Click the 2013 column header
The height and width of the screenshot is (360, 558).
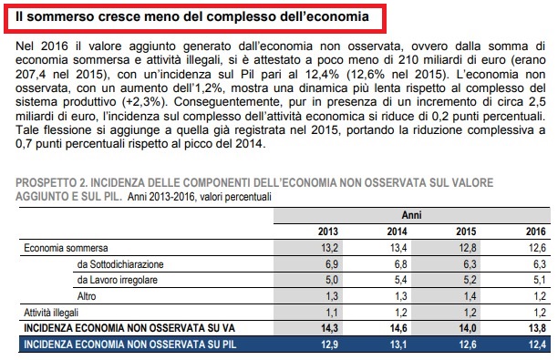[327, 231]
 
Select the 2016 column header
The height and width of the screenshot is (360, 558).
[535, 231]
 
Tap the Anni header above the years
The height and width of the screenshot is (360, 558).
[412, 215]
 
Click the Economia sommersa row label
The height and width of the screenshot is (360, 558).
[66, 248]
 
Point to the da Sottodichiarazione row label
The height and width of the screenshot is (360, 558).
[120, 264]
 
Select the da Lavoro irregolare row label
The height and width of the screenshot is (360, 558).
[118, 280]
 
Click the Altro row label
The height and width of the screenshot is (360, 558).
[87, 296]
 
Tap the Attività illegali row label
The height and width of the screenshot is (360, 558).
[51, 313]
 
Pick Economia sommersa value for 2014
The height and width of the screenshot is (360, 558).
[398, 248]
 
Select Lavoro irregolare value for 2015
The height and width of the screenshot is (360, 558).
[470, 280]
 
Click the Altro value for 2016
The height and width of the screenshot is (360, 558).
[540, 296]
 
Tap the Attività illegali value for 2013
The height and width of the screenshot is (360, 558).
[332, 313]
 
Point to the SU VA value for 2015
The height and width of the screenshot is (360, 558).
[468, 328]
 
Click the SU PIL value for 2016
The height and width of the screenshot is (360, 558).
[537, 345]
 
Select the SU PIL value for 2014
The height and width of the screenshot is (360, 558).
[398, 345]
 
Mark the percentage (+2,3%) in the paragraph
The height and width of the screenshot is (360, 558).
[144, 102]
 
